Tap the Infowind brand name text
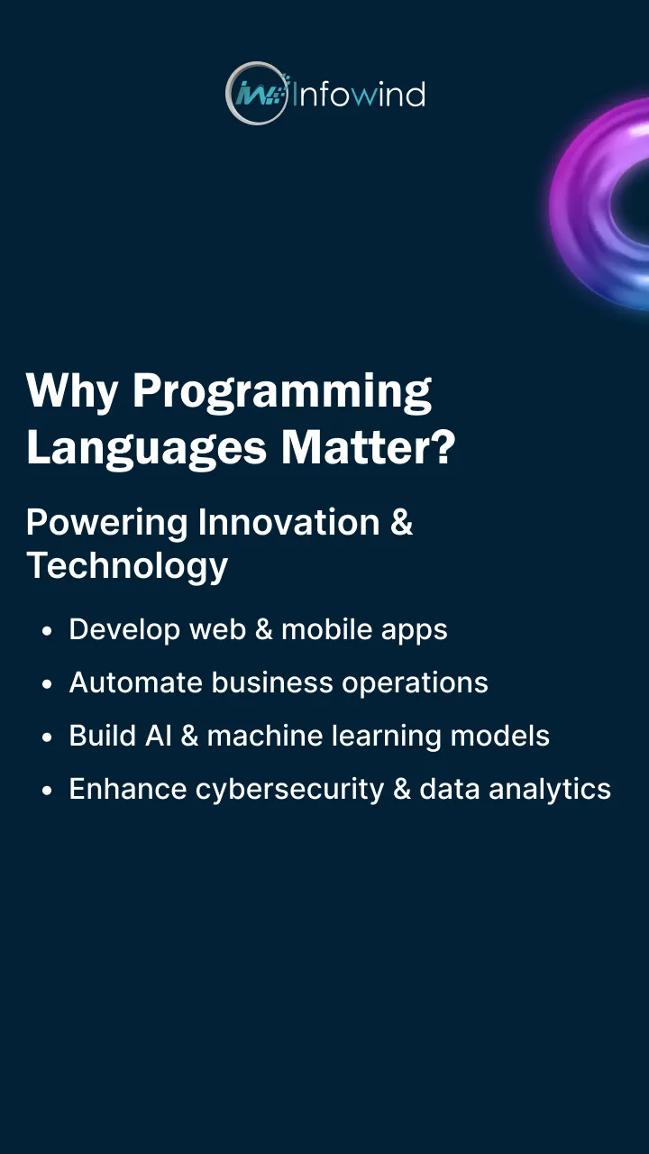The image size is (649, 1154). tap(358, 94)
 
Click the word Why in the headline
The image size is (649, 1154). tap(72, 390)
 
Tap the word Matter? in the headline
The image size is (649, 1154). tap(368, 447)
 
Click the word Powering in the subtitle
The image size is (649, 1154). tap(107, 523)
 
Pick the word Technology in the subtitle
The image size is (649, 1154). tap(127, 566)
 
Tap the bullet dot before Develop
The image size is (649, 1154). tap(47, 631)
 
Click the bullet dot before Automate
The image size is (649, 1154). tap(47, 684)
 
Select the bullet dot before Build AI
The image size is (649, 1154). tap(47, 737)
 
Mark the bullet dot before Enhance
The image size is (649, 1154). tap(47, 791)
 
